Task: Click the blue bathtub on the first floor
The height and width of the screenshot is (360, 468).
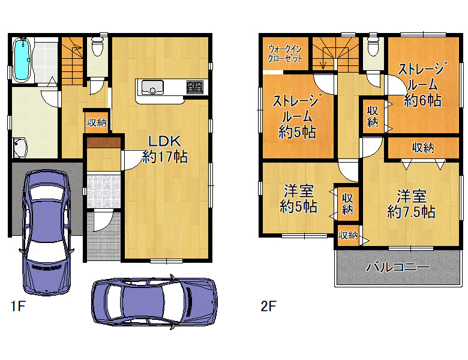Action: coord(22,60)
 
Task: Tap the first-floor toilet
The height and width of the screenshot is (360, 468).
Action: coord(97,46)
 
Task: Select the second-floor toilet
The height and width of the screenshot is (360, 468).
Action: coord(373,46)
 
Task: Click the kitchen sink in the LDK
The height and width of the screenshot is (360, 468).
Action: coord(152,88)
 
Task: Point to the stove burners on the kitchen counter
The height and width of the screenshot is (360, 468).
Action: coord(194,87)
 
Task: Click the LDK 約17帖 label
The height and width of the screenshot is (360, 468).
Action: coord(165,149)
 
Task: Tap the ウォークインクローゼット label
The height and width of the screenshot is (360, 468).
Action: coord(285,53)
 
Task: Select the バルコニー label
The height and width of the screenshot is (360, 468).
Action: coord(398,266)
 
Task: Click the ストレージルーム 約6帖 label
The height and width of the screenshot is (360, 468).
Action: coord(422,85)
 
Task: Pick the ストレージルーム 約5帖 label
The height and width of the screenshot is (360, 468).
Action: coord(296,117)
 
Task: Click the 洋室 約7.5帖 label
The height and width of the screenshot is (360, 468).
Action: coord(411,204)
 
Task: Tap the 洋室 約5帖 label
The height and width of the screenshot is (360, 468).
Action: coord(298,199)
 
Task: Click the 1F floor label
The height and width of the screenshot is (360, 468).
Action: coord(18,305)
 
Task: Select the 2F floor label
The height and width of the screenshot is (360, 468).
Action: coord(268,305)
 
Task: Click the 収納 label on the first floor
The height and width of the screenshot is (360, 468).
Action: coord(97,122)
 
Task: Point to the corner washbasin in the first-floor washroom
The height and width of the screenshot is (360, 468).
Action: coord(20,148)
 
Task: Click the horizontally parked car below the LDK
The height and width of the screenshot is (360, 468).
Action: coord(154,302)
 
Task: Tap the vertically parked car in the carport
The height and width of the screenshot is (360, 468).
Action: coord(47,233)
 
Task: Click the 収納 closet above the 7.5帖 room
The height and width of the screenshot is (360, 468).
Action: coord(423,148)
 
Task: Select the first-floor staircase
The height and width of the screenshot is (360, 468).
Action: coord(72,61)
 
